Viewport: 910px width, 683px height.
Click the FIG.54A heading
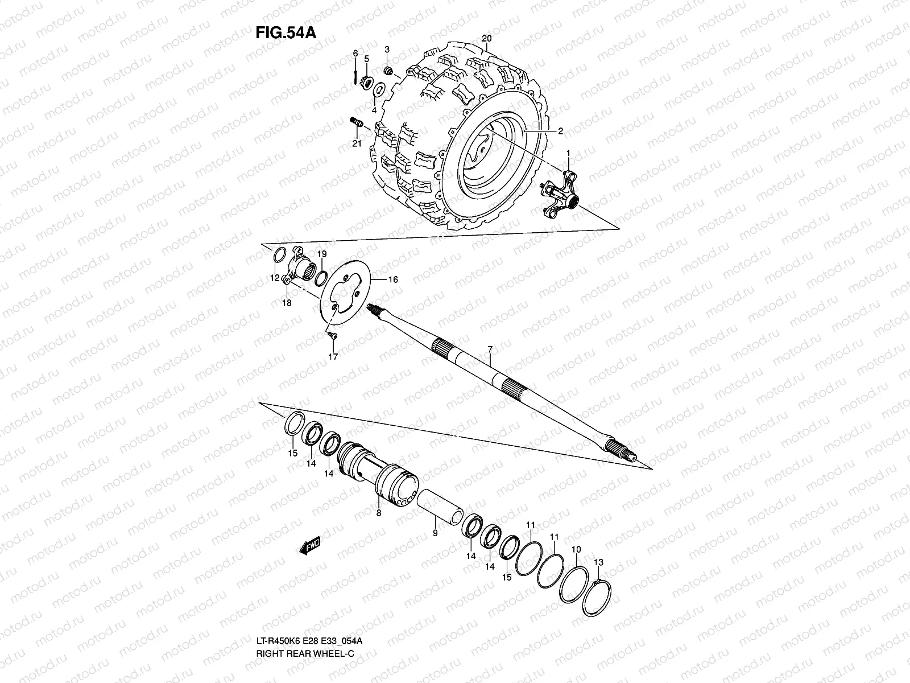tap(285, 31)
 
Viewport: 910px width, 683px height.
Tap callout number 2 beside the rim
tap(560, 131)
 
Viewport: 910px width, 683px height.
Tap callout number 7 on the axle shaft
tap(490, 347)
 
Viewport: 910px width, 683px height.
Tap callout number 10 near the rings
tap(576, 550)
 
